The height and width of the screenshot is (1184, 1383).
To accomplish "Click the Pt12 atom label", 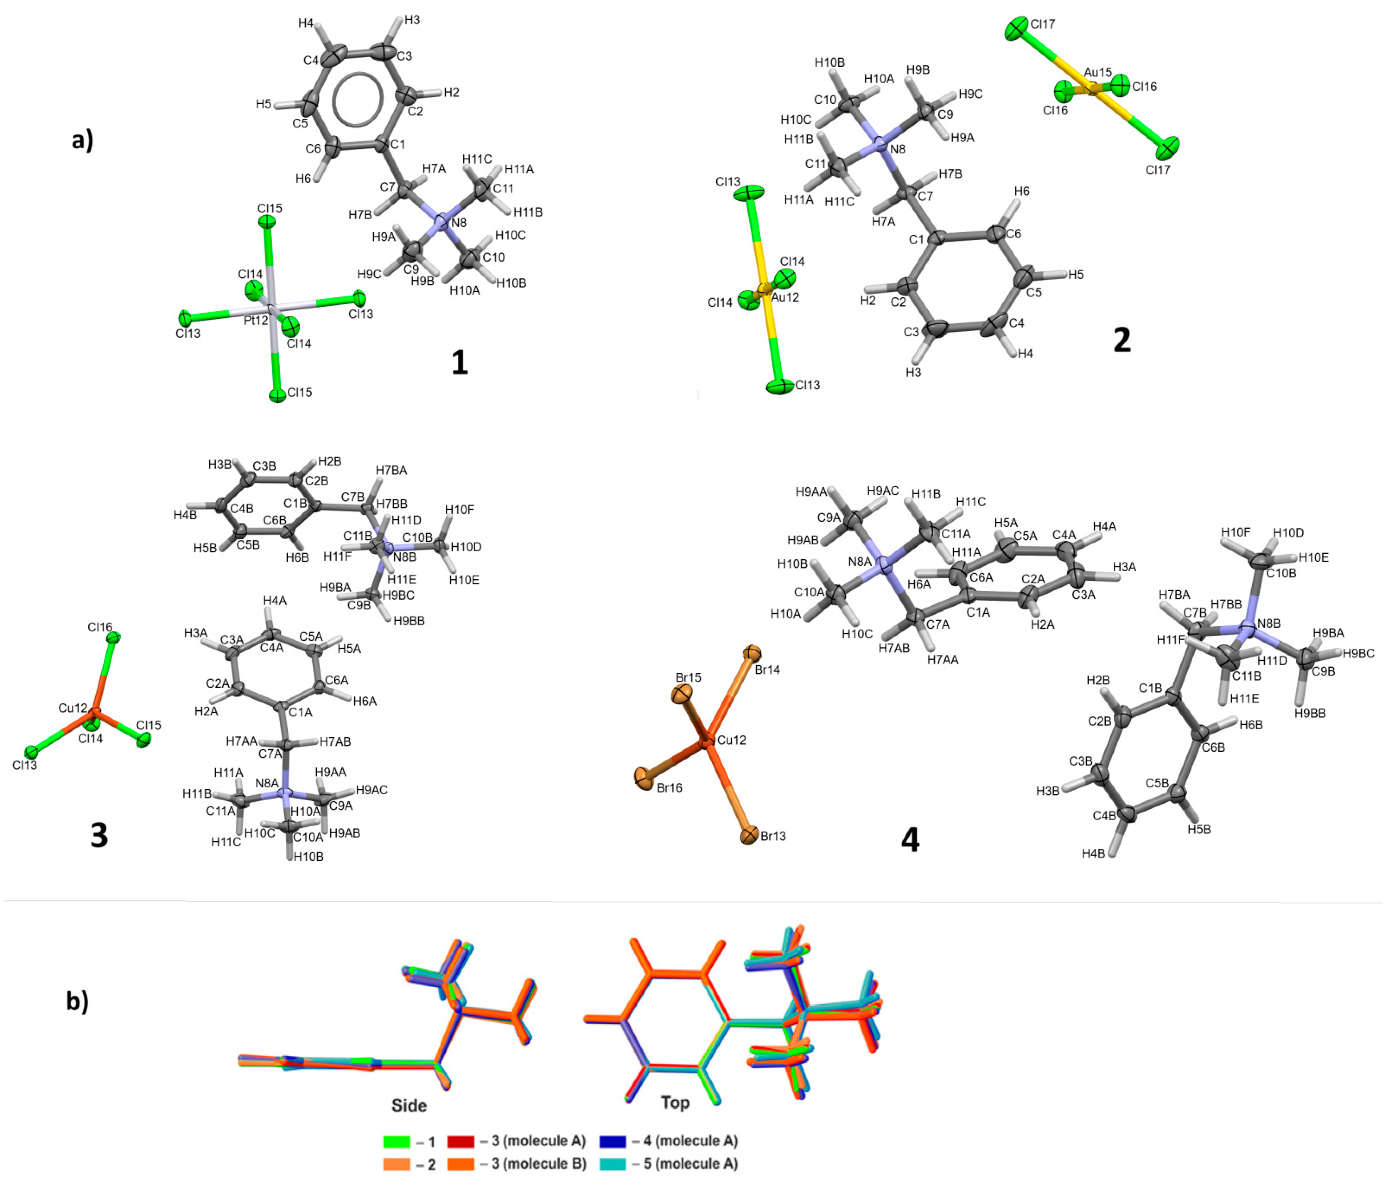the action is (x=256, y=321).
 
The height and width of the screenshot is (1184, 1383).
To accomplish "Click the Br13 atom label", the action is (x=773, y=836).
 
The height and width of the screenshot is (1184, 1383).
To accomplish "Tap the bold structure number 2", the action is (x=1122, y=340).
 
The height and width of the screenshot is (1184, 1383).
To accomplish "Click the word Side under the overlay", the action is (x=409, y=1105).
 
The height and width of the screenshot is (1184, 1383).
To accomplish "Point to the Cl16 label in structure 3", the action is (x=100, y=627).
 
